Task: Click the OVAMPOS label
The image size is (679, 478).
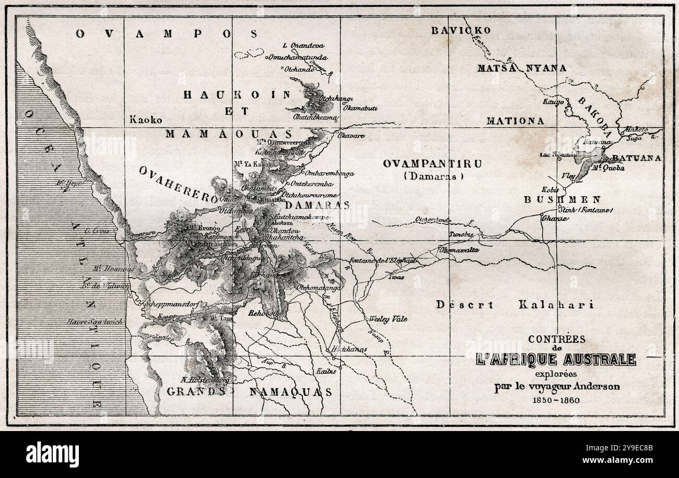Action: [x=167, y=34]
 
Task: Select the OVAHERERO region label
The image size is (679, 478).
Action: [x=178, y=185]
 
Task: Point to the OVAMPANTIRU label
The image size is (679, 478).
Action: [x=432, y=163]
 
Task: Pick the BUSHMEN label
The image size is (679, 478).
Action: [x=562, y=199]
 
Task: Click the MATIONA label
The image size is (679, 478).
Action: [x=515, y=121]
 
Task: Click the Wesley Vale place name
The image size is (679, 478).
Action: [x=388, y=319]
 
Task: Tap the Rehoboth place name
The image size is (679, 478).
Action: [x=265, y=313]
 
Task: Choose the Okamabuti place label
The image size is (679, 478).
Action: [x=360, y=108]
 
